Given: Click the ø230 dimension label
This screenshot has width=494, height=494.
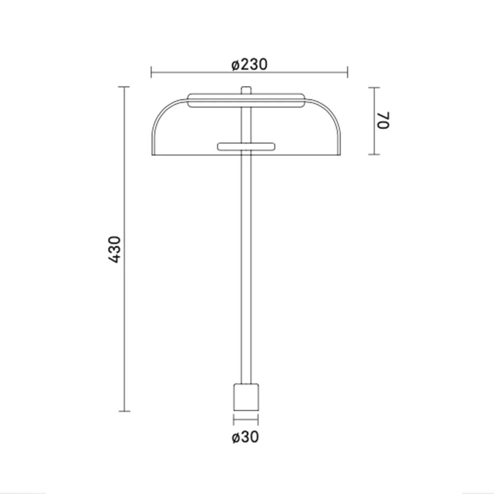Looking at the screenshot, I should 249,65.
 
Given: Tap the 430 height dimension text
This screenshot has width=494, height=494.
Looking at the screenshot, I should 114,249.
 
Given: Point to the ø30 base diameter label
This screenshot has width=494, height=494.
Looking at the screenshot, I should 245,437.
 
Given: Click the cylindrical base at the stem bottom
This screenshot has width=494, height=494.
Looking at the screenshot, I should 246,397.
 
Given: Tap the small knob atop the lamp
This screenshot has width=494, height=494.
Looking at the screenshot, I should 246,90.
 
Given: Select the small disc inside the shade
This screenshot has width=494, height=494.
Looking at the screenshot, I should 246,146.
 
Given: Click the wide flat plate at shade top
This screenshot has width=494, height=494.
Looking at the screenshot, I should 246,101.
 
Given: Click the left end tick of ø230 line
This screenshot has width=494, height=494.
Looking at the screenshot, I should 151,72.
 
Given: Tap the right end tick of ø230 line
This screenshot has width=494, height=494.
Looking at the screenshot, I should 348,72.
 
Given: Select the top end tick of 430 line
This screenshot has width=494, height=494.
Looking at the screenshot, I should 124,87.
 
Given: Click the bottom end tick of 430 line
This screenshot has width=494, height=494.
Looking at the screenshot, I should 124,411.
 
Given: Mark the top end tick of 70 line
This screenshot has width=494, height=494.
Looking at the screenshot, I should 374,88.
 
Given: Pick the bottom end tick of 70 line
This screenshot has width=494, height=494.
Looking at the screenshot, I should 374,155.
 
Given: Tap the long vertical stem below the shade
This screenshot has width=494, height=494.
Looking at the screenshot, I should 246,268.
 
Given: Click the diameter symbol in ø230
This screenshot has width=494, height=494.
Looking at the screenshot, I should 235,65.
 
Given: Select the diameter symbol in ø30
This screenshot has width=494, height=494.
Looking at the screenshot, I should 236,437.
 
